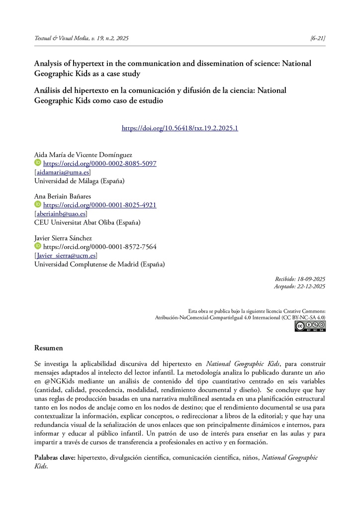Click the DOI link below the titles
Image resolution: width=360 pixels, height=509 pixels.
click(x=180, y=128)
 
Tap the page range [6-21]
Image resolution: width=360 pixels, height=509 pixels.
click(x=317, y=38)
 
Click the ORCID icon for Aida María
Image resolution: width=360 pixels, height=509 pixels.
click(x=38, y=163)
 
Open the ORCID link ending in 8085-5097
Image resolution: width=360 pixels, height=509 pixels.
click(x=100, y=164)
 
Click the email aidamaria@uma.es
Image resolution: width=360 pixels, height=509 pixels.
click(x=62, y=172)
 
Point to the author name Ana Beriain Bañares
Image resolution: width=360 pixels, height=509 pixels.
click(x=63, y=196)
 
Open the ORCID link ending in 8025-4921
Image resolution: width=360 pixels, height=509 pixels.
click(x=100, y=205)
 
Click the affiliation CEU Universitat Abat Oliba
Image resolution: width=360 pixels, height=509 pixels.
click(x=87, y=222)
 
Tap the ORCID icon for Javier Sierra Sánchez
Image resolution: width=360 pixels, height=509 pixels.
click(x=38, y=246)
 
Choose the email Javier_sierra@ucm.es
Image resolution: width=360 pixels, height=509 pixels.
click(x=66, y=255)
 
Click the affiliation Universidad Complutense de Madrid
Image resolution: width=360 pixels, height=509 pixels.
click(x=99, y=264)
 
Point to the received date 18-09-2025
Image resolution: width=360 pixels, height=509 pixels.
click(x=310, y=279)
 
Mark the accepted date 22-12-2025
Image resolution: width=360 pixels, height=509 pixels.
click(x=310, y=287)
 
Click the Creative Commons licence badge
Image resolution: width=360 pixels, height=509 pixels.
click(x=310, y=326)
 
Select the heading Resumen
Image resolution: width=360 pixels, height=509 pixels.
click(x=49, y=348)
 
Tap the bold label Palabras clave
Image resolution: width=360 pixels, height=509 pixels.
click(x=55, y=457)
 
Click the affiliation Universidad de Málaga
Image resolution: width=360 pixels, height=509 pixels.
click(x=79, y=180)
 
